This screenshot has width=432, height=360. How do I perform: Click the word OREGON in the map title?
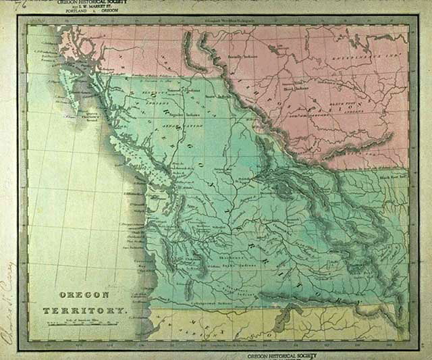(x=83, y=295)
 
